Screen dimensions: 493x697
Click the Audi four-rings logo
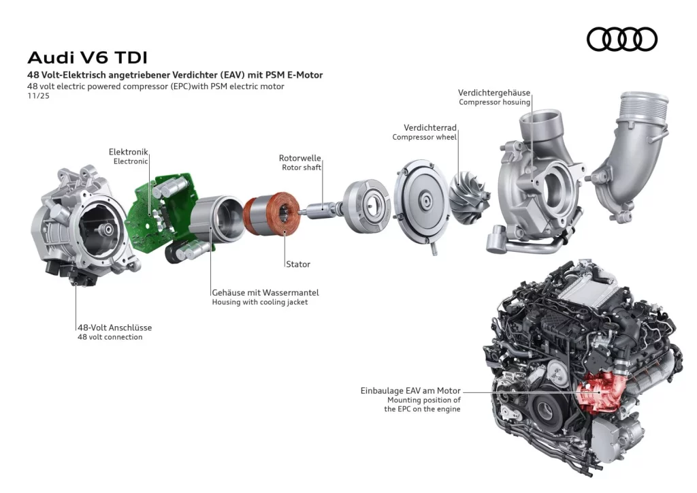(x=621, y=39)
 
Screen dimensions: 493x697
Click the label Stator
(x=297, y=264)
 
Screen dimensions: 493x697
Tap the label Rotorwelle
(x=299, y=158)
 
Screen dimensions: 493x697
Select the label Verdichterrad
(x=429, y=127)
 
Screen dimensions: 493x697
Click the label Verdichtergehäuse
(x=493, y=93)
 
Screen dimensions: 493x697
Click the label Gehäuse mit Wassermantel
(x=265, y=292)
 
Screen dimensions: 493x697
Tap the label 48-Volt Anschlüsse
(x=114, y=327)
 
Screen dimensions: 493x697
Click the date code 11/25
(x=38, y=96)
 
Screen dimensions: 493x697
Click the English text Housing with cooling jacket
(x=259, y=302)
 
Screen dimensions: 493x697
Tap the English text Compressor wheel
(x=424, y=138)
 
